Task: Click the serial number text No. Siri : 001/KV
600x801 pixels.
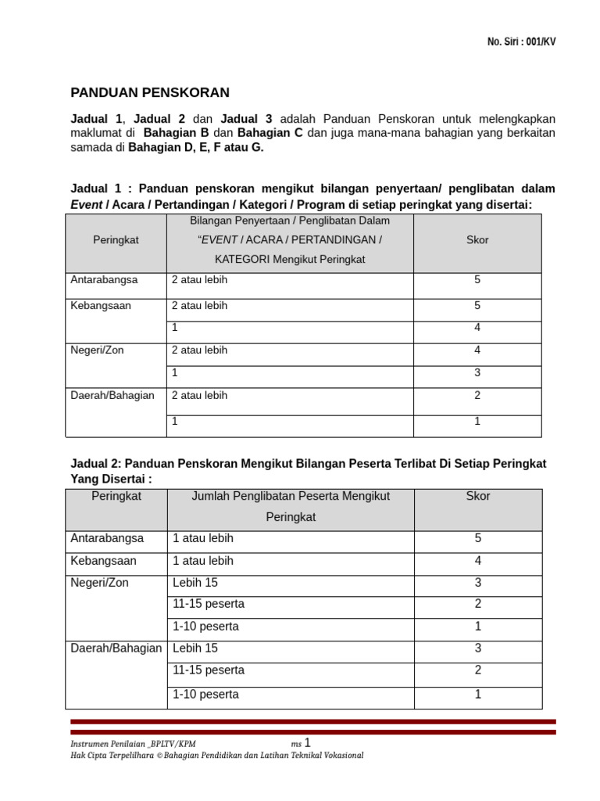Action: point(521,42)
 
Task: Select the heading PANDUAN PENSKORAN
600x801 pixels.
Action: point(150,93)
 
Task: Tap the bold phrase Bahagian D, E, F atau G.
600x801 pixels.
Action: point(196,147)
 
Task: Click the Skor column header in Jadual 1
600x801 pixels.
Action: point(477,240)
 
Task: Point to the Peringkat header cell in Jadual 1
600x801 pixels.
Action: point(116,240)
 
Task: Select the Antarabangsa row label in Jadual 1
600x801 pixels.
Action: point(104,280)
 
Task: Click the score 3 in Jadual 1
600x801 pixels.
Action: point(477,373)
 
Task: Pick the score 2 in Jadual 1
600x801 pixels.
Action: point(477,396)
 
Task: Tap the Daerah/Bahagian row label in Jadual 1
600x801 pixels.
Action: point(112,396)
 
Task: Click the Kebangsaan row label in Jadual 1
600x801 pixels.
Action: point(101,306)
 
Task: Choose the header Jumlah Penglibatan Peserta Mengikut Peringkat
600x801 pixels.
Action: point(291,506)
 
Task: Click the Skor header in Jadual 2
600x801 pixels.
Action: point(477,496)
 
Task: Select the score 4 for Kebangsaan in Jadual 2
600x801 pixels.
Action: point(477,561)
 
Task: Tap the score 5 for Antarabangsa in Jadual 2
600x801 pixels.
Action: point(477,538)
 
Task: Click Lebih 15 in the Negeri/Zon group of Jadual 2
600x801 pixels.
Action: point(195,583)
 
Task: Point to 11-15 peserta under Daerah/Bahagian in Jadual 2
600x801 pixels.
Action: point(208,670)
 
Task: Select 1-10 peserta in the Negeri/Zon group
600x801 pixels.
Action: point(205,627)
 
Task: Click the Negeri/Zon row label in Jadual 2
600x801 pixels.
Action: point(99,583)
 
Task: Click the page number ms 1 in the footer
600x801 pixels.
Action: point(301,743)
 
